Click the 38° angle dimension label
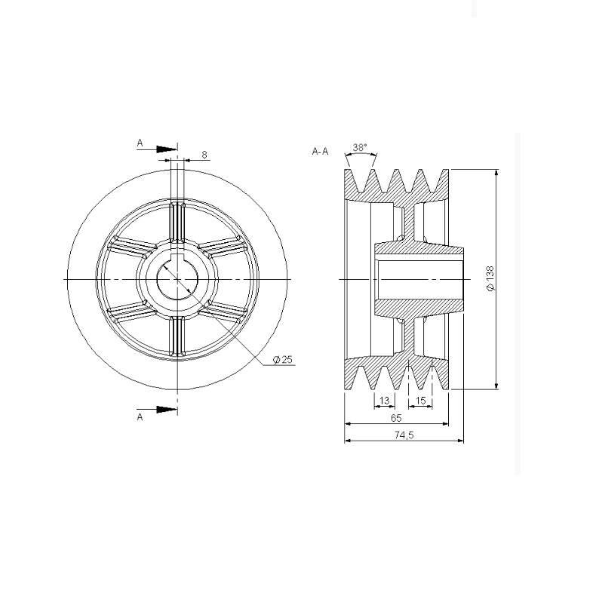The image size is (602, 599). click(x=360, y=147)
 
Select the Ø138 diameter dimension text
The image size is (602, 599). click(x=490, y=279)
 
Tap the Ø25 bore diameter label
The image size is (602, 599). click(x=283, y=360)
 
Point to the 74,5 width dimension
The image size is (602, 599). click(x=404, y=435)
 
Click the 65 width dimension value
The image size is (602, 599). click(x=396, y=418)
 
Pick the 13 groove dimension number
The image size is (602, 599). click(x=384, y=401)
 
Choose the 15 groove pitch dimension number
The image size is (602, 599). click(x=421, y=401)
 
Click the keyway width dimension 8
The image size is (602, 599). click(x=204, y=155)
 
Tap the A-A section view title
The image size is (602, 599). click(x=320, y=152)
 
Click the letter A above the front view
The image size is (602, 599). click(x=140, y=143)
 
